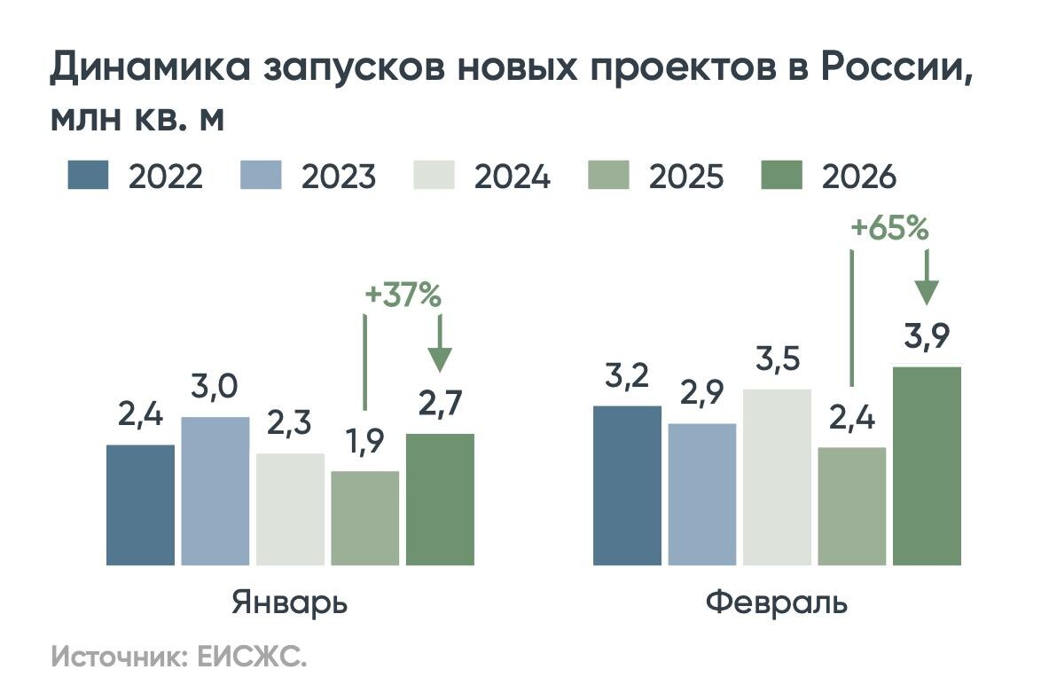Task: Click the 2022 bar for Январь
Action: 140,505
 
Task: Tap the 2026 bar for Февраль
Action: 927,466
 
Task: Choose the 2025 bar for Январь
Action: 365,518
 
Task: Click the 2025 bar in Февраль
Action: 852,506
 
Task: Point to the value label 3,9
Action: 927,337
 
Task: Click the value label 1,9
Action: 365,441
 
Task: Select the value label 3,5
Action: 777,360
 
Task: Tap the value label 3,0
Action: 215,388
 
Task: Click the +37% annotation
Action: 403,296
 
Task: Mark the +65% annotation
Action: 889,229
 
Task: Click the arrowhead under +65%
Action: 927,294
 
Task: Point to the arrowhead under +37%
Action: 440,358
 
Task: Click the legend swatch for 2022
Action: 88,175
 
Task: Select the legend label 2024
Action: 512,177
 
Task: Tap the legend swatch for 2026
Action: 781,175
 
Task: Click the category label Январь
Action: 290,602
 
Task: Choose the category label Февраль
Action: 777,602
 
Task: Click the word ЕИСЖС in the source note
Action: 251,658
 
